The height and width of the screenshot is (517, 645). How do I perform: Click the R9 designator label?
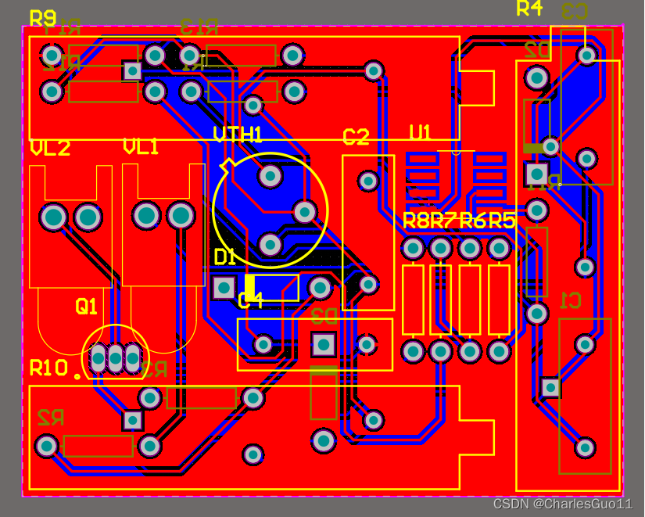[42, 17]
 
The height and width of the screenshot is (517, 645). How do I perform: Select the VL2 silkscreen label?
[50, 148]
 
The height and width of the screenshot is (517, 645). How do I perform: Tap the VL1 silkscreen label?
[141, 146]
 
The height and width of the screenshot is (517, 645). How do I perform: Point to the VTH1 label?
[237, 135]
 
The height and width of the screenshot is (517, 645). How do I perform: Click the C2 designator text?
[356, 138]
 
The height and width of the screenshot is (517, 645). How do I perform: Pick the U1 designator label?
[420, 132]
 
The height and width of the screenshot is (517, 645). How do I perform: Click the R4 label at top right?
[529, 9]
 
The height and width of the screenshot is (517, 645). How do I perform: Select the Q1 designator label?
[86, 307]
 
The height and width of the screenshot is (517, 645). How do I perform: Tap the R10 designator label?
[49, 368]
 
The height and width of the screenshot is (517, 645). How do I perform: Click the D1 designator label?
[225, 257]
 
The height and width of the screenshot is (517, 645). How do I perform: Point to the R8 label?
[416, 221]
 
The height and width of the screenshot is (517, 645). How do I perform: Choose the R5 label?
[501, 221]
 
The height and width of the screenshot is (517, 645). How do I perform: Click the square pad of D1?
[224, 287]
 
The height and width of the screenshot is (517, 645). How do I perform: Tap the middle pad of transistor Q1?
[115, 358]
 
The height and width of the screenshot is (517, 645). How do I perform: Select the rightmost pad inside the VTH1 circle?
[304, 210]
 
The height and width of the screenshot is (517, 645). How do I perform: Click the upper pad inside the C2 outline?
[368, 181]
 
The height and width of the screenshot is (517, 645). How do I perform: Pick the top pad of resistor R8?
[413, 249]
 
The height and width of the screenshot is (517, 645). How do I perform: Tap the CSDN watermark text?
[562, 504]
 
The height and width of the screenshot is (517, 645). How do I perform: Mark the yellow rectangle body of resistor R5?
[499, 300]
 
